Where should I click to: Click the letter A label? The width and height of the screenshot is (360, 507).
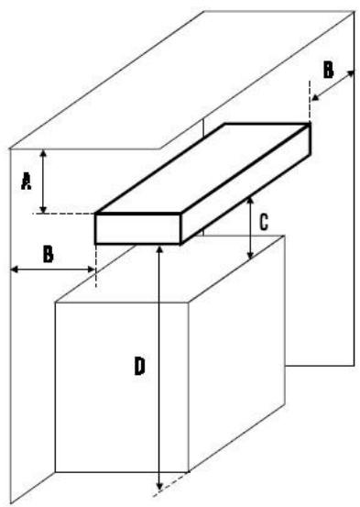27,182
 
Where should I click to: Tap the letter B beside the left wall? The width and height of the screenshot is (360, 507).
49,253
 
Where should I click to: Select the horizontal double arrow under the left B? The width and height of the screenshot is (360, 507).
50,269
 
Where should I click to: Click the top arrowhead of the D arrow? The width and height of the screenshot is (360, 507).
159,249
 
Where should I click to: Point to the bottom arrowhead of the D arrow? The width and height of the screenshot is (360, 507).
159,485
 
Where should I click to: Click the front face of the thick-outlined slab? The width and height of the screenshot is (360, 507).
137,229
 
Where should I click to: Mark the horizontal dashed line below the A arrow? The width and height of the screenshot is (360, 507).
69,214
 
